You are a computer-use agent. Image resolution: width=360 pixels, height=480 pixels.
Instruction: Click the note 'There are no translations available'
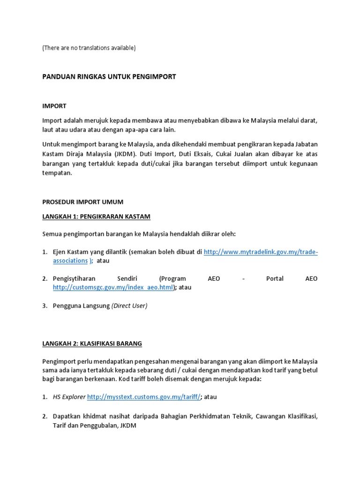89,48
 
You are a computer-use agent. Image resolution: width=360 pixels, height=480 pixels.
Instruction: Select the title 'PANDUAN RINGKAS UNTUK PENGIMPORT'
109,76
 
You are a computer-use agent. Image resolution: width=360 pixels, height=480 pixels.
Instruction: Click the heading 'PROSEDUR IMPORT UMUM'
82,202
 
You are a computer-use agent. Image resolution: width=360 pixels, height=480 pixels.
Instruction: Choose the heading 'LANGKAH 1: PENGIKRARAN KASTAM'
96,217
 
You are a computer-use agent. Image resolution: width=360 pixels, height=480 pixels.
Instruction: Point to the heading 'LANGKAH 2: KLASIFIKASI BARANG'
92,344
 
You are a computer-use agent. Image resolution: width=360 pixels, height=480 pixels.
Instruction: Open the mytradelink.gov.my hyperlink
261,252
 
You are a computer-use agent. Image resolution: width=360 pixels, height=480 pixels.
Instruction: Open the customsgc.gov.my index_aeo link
113,287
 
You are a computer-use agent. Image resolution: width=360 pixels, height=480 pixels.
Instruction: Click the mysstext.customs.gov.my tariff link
144,397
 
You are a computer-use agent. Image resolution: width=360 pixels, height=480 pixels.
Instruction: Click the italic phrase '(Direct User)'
129,306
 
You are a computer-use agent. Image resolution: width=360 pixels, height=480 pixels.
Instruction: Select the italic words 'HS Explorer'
69,397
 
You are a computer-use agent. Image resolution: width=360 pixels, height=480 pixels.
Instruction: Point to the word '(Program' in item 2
172,278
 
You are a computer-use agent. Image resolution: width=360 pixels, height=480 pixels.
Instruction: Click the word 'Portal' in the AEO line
275,278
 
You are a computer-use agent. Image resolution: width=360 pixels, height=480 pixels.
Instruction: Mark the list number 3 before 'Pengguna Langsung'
45,306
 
